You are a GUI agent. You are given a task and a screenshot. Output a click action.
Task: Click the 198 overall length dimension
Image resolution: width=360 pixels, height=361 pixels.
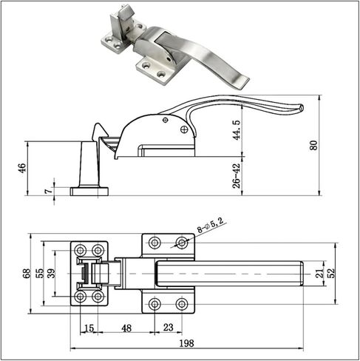(x=186, y=343)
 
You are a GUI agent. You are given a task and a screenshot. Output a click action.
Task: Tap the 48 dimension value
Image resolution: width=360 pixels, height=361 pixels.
(x=126, y=328)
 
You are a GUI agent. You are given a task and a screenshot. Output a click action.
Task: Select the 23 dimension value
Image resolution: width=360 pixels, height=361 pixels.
(x=169, y=328)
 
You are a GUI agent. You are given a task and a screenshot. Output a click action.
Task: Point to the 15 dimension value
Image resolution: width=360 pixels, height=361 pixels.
(x=89, y=328)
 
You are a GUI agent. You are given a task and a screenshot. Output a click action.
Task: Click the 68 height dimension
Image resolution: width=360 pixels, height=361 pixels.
(x=26, y=273)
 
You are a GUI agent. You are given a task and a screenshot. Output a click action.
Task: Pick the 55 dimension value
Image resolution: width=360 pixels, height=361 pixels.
(x=39, y=273)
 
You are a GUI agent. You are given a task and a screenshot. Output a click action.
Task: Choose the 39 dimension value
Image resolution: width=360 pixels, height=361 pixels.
(x=52, y=273)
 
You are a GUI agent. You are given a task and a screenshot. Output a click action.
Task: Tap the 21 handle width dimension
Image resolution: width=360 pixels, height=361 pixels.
(x=319, y=273)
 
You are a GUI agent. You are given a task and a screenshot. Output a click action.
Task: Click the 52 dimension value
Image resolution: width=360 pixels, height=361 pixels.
(x=332, y=273)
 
